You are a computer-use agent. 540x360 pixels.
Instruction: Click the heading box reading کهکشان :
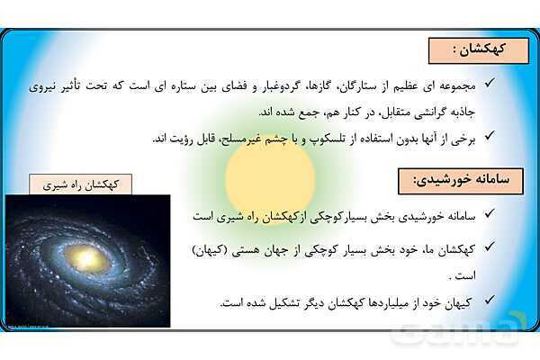479,50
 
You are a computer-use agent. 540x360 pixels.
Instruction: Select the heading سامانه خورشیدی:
461,181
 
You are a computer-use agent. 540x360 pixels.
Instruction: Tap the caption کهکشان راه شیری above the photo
81,184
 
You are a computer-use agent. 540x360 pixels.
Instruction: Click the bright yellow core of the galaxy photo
86,257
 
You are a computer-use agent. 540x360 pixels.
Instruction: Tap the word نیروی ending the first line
41,86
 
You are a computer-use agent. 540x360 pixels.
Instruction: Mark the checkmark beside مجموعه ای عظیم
490,83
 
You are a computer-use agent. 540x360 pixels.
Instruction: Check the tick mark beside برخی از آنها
490,136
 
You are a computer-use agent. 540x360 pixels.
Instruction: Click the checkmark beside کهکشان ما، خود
490,247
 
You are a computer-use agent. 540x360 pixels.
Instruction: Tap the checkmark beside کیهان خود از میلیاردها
490,300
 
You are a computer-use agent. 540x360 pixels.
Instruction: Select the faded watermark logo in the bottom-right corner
458,329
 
